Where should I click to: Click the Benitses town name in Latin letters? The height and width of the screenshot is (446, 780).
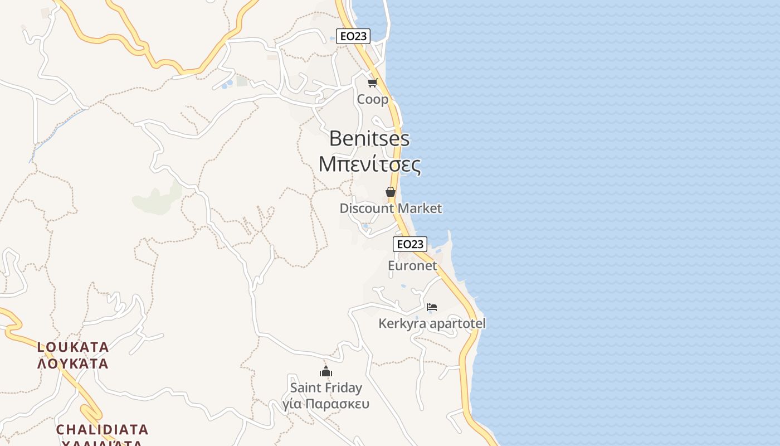369,138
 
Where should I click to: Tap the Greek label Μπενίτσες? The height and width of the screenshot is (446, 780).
369,164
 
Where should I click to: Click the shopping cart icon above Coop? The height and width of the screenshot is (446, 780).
372,83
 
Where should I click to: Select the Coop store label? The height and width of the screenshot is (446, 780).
372,100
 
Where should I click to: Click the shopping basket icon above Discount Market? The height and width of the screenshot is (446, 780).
391,192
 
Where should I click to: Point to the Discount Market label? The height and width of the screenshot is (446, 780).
391,209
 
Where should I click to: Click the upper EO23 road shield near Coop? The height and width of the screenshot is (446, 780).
353,36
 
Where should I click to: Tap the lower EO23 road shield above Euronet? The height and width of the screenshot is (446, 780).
410,244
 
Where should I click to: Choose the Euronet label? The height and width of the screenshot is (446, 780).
412,265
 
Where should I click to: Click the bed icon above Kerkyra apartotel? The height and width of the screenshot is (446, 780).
432,307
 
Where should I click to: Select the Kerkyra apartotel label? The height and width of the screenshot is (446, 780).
432,323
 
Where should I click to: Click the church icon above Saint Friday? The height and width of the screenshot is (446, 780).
326,371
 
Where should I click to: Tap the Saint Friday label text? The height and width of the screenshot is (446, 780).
326,387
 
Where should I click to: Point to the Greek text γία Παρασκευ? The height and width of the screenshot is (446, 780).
326,403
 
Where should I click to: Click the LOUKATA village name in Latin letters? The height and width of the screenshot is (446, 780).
73,347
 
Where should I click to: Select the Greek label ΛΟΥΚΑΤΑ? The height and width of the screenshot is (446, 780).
73,364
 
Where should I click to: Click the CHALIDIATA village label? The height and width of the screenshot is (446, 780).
102,429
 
